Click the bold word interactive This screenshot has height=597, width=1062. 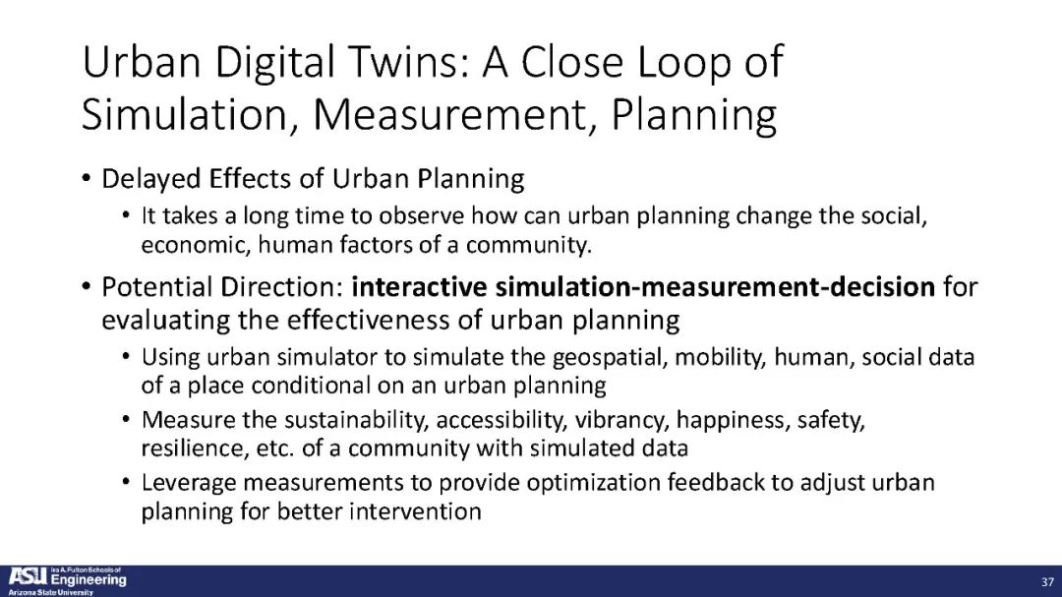[x=419, y=286]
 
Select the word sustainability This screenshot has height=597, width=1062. [x=356, y=420]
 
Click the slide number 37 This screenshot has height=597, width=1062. [x=1047, y=582]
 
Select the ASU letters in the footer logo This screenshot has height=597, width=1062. [x=28, y=577]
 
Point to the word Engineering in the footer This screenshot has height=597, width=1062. [x=88, y=580]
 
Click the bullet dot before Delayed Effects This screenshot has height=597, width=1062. [x=86, y=179]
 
